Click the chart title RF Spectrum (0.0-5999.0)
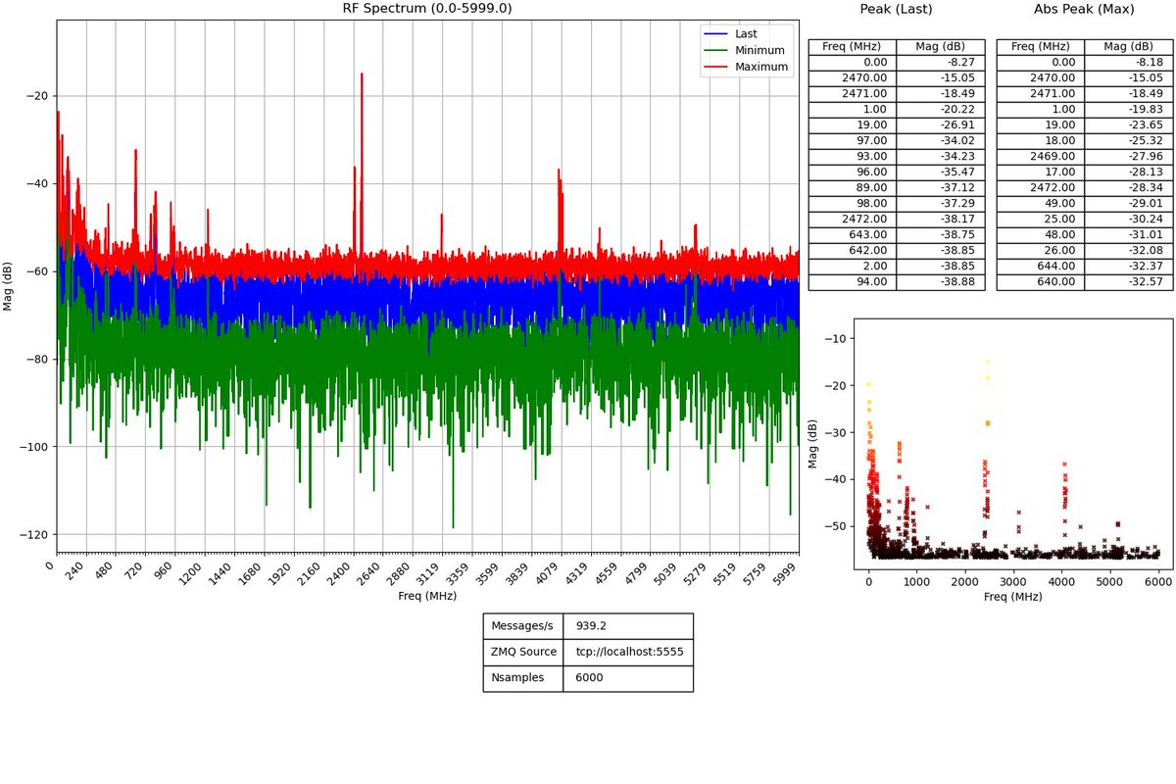click(x=426, y=9)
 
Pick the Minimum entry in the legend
click(x=759, y=50)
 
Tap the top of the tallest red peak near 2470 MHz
click(x=362, y=74)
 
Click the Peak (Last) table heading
click(x=896, y=9)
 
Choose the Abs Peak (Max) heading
click(x=1083, y=9)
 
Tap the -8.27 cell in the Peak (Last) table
click(x=940, y=62)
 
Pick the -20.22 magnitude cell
click(x=940, y=109)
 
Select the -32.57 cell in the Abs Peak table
click(x=1128, y=281)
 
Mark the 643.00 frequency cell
click(x=852, y=234)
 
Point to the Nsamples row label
click(x=522, y=677)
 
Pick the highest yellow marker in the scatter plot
click(x=988, y=362)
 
